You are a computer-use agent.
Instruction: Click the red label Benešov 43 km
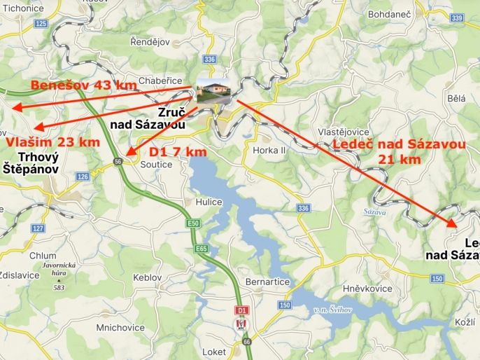[83, 86]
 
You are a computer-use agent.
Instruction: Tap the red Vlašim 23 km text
[53, 142]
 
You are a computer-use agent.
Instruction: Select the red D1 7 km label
[178, 152]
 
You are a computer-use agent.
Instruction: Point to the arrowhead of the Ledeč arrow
[453, 223]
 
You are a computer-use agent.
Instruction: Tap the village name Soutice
[157, 164]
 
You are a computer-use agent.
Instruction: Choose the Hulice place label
[209, 202]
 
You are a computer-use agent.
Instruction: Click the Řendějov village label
[150, 42]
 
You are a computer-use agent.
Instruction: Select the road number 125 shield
[41, 24]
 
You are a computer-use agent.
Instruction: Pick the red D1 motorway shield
[241, 309]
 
